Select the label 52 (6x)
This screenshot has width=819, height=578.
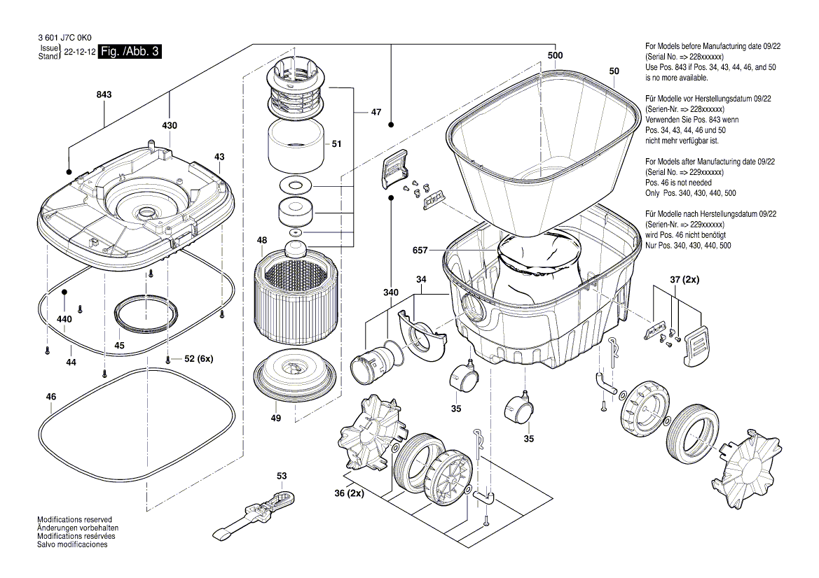(x=198, y=360)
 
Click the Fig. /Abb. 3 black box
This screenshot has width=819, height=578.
(x=131, y=52)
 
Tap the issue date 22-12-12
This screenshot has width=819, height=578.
(x=79, y=52)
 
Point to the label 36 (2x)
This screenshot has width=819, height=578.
(x=348, y=493)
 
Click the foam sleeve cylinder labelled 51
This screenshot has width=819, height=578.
(x=296, y=146)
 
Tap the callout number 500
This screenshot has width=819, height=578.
(x=556, y=55)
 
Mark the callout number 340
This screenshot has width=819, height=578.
(x=390, y=292)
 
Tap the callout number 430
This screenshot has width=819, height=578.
(x=170, y=126)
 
